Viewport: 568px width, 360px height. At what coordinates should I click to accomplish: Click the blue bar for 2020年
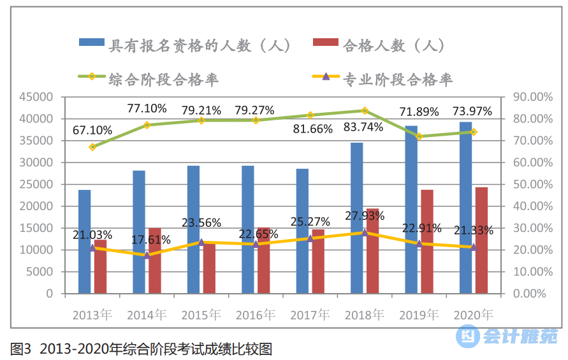point(466,208)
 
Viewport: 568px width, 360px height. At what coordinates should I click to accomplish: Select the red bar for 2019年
point(426,241)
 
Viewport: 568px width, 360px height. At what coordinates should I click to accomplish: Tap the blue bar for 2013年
point(85,241)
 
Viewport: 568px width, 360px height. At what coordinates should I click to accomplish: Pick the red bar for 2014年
point(154,261)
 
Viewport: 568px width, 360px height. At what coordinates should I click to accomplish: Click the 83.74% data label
point(363,127)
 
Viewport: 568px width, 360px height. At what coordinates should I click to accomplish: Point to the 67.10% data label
point(92,130)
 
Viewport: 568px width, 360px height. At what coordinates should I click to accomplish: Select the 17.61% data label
point(150,240)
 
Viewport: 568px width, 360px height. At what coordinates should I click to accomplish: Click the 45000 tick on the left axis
point(38,97)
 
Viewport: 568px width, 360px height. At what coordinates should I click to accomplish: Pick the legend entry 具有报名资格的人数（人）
point(186,45)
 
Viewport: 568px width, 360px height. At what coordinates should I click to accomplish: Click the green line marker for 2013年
point(92,147)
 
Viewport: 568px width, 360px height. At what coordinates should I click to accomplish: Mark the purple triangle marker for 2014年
point(147,255)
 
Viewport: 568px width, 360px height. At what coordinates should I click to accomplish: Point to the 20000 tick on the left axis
point(38,206)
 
